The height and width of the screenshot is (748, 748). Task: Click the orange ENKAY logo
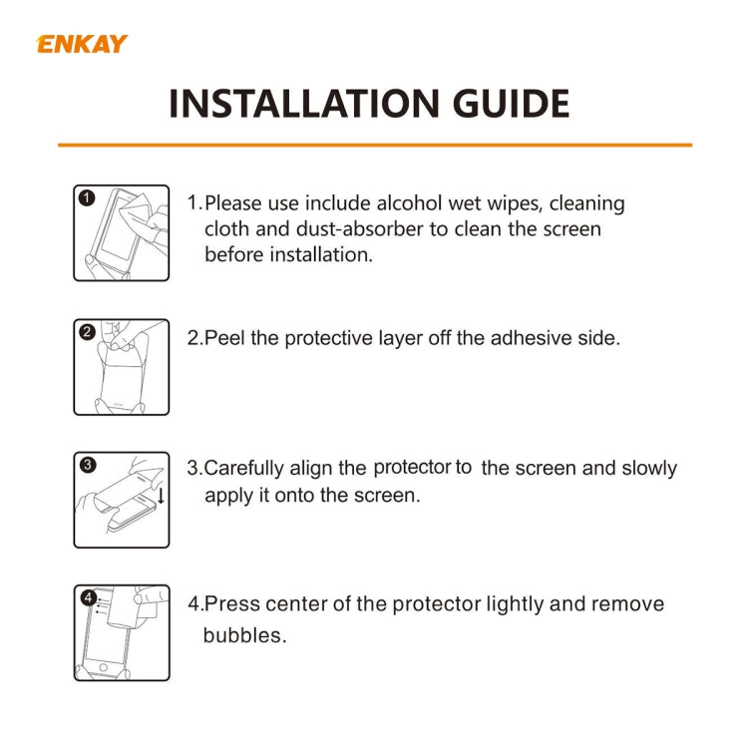click(82, 44)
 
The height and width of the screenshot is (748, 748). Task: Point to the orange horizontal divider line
click(374, 146)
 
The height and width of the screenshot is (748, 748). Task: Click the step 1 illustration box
click(121, 232)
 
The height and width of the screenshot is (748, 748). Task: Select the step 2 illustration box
click(121, 367)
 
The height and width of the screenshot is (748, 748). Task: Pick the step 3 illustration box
click(121, 500)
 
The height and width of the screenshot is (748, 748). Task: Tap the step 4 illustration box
click(121, 633)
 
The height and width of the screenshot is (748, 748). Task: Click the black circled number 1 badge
click(87, 198)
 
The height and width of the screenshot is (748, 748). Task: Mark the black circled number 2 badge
click(87, 332)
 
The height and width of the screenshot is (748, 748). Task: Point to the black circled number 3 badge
click(87, 465)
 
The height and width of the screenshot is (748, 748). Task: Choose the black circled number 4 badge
click(88, 598)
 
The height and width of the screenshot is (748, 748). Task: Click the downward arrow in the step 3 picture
click(161, 496)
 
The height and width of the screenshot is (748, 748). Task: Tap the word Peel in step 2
click(225, 338)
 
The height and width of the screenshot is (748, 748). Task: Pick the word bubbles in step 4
click(244, 635)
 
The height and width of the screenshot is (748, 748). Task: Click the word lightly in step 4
click(523, 604)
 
